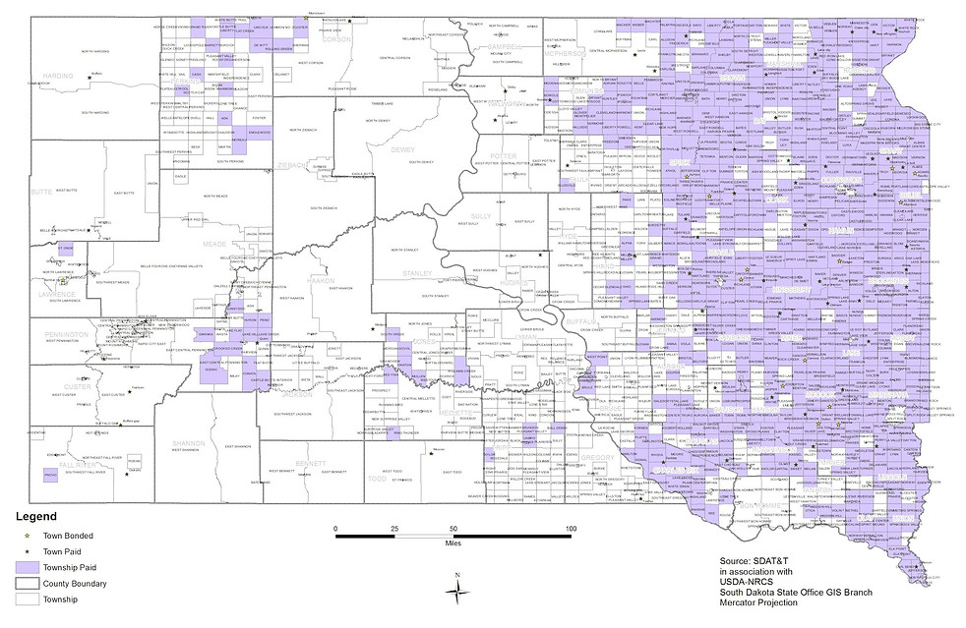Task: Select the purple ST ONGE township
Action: point(67,248)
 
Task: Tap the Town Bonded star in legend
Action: point(29,535)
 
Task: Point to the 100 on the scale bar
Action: point(570,530)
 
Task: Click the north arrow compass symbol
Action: point(457,588)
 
